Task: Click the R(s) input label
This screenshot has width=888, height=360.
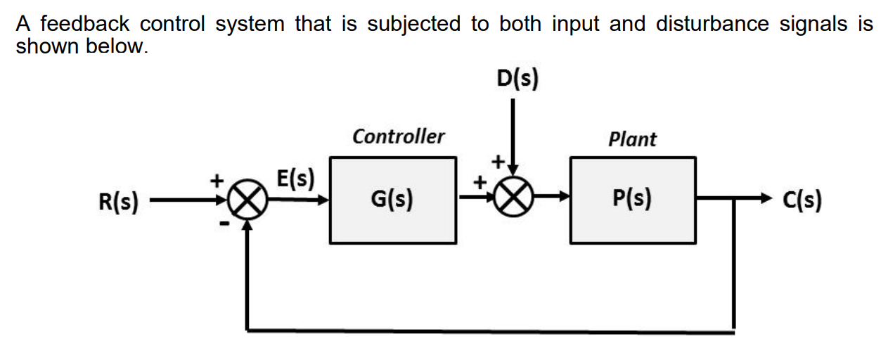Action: click(117, 202)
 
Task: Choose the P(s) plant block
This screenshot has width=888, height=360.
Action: click(632, 200)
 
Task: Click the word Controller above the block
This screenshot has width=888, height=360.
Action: click(398, 136)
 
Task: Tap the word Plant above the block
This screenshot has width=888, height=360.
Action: click(632, 139)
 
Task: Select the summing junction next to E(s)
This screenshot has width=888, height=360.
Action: click(246, 202)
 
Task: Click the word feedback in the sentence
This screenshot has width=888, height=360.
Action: click(87, 24)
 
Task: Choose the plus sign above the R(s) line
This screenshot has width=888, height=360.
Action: click(218, 180)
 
